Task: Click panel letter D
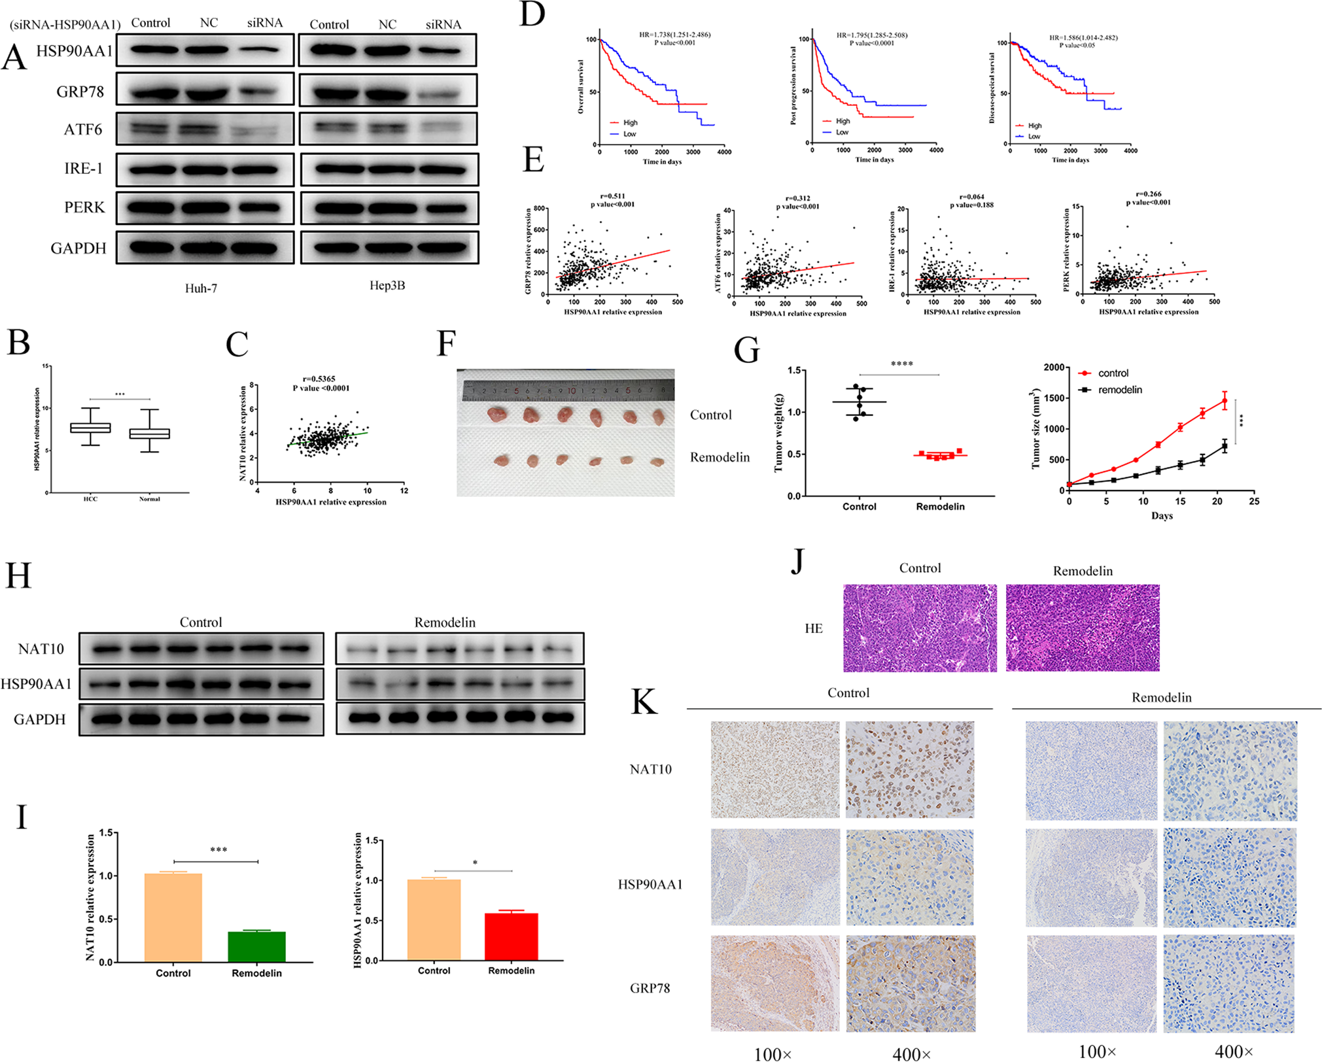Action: (x=532, y=14)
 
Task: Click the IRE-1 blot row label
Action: (x=83, y=169)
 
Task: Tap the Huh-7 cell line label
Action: (x=201, y=288)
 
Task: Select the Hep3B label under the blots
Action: (x=387, y=286)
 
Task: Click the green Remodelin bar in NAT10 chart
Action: (x=256, y=946)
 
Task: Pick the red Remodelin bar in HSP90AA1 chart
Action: (x=511, y=936)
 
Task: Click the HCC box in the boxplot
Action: (x=90, y=428)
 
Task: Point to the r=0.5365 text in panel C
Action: (x=319, y=379)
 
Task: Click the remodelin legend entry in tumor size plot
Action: (x=1119, y=390)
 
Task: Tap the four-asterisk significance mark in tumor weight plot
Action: (x=901, y=364)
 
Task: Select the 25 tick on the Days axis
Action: (x=1253, y=502)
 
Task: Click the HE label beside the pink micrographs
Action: (x=813, y=628)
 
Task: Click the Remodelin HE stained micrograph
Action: (x=1082, y=628)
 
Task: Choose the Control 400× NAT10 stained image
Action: (x=909, y=769)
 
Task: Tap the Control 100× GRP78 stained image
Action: (x=774, y=983)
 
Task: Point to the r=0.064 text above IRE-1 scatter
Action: (x=971, y=197)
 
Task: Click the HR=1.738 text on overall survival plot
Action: (x=674, y=35)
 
